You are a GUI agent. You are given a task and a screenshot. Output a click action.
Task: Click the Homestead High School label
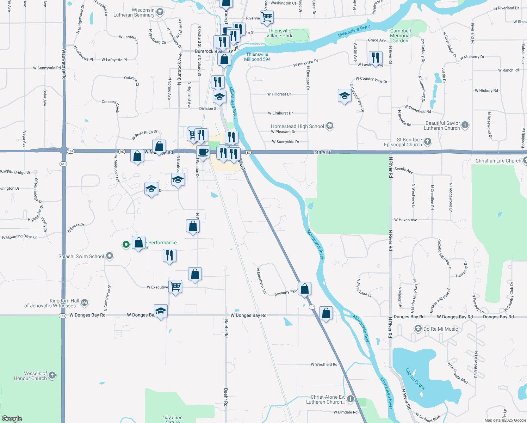297,126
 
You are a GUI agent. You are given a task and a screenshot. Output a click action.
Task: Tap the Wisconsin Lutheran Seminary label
134,12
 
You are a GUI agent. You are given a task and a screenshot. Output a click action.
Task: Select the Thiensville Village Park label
279,33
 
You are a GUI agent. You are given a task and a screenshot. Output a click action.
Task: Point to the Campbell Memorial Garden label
401,36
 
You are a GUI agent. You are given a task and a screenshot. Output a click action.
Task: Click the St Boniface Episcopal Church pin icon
428,142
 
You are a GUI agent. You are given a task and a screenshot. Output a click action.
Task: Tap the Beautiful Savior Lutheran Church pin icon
465,125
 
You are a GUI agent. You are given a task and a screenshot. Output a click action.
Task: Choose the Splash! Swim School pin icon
110,256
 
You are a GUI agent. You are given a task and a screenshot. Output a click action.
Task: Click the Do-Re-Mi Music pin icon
418,329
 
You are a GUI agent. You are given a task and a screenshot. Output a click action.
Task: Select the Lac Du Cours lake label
415,379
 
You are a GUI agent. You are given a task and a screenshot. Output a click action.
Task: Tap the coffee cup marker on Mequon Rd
203,152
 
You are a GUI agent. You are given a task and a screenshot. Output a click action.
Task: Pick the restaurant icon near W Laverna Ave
376,57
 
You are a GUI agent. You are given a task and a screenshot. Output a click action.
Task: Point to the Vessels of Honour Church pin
52,375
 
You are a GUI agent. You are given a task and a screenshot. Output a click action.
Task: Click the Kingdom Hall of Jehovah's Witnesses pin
85,302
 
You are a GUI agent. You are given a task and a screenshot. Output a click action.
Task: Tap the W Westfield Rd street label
324,364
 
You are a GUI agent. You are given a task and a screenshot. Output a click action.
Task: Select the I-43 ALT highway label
322,152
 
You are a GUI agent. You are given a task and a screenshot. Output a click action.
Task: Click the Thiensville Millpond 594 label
257,57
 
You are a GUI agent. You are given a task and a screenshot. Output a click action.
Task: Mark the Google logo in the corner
12,419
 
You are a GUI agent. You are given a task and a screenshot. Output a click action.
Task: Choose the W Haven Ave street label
405,220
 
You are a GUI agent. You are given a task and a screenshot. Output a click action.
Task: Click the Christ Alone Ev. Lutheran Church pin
350,399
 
